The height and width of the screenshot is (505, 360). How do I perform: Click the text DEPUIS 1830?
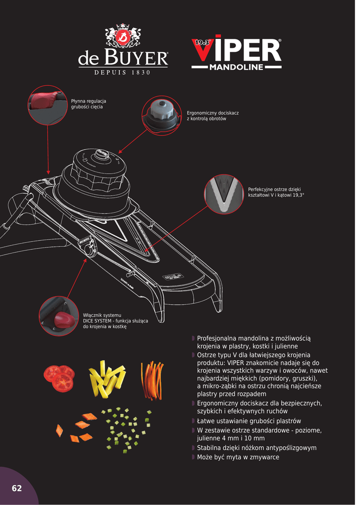click(122, 73)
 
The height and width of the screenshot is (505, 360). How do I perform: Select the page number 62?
click(17, 488)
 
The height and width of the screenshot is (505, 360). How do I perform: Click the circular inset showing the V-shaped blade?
click(224, 194)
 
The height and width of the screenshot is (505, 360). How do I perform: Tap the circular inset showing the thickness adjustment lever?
click(47, 105)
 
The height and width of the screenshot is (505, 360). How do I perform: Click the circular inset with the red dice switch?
click(59, 316)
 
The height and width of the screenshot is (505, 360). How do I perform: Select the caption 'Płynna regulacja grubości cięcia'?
click(89, 104)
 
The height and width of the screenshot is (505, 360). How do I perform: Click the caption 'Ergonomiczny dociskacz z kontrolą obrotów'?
click(213, 116)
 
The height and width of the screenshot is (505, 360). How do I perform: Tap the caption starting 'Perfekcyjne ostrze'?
click(276, 192)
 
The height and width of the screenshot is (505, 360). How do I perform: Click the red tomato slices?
click(60, 377)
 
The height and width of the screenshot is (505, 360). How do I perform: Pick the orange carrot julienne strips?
click(152, 380)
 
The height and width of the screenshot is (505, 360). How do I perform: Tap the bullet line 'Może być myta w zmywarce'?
click(238, 457)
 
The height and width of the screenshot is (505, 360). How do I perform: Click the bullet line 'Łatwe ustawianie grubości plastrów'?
click(249, 421)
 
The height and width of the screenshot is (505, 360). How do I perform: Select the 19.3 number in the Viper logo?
click(202, 43)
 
